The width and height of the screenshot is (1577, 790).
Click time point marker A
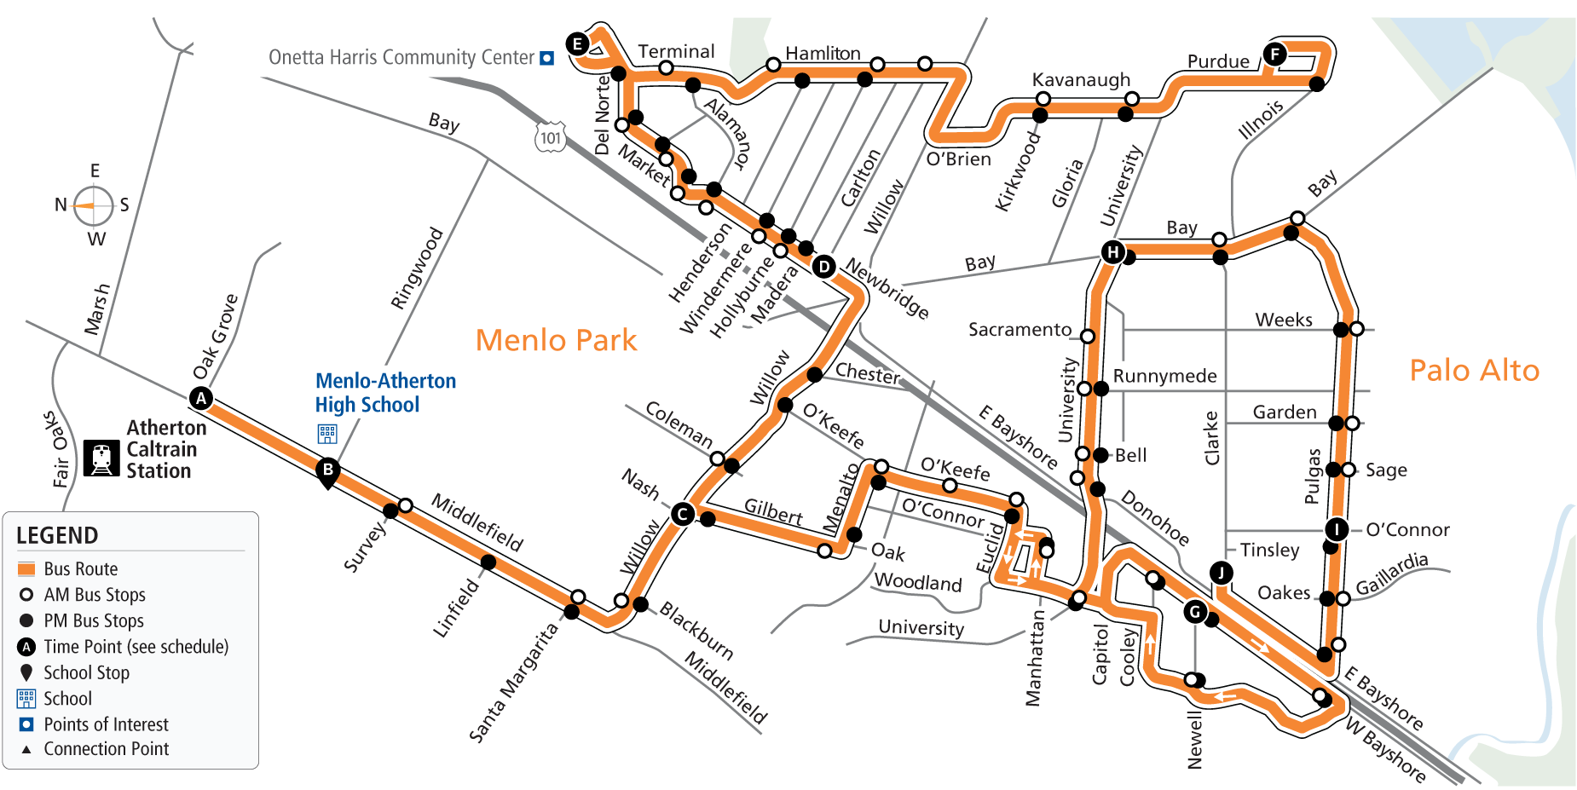(x=201, y=398)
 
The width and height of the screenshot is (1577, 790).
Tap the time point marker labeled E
(x=578, y=43)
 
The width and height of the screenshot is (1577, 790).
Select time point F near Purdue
(x=1274, y=55)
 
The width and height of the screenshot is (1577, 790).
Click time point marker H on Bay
(x=1112, y=251)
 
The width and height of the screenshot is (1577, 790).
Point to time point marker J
(x=1221, y=573)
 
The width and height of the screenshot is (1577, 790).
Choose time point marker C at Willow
(x=682, y=514)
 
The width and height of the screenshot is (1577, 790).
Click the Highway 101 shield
(x=551, y=138)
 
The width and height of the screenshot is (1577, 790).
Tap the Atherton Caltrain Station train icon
(x=101, y=458)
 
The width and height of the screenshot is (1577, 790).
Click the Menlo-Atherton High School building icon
(x=327, y=434)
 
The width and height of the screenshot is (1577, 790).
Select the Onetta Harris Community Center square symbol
(x=547, y=58)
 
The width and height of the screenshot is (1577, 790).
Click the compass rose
(x=93, y=205)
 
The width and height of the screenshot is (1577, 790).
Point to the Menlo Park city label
(x=556, y=340)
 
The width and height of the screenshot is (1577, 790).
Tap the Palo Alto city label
(x=1475, y=370)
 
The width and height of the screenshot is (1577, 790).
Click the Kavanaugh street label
(x=1081, y=79)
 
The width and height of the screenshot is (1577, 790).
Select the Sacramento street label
(x=1020, y=329)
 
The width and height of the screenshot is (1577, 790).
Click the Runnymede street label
(x=1164, y=376)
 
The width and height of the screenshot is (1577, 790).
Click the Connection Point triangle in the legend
(x=26, y=749)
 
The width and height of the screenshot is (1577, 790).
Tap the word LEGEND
(x=57, y=535)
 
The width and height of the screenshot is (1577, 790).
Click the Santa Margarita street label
(x=513, y=682)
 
